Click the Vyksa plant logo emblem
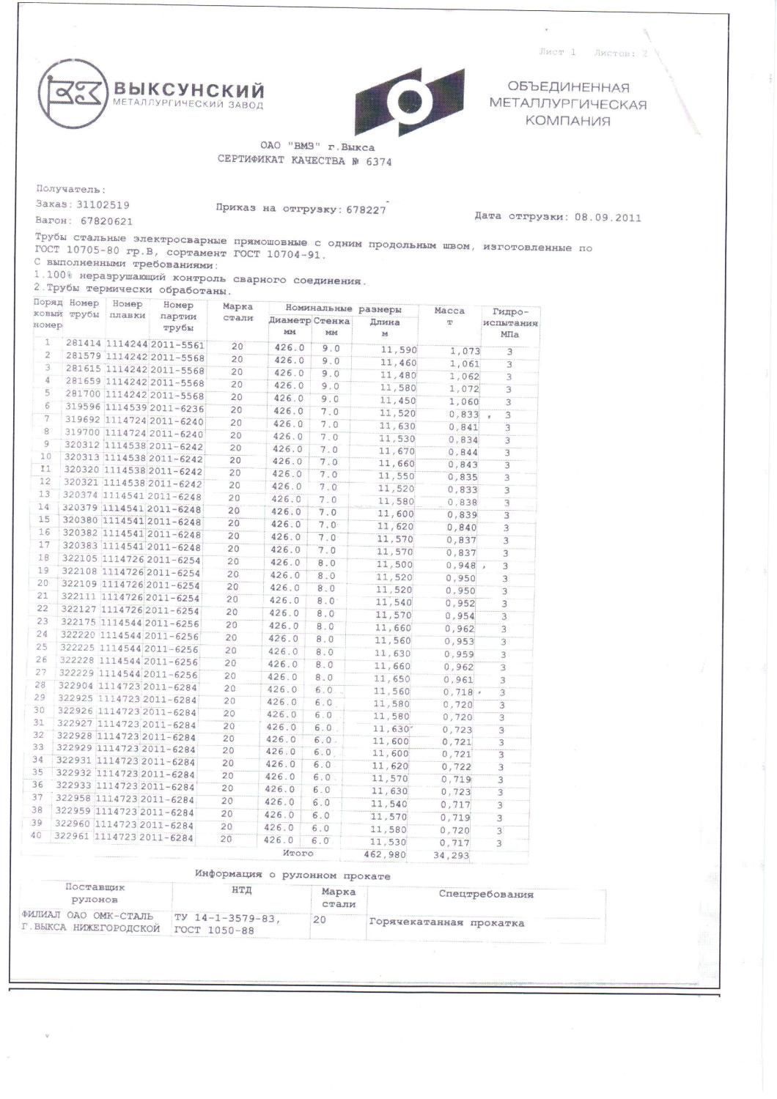(x=70, y=92)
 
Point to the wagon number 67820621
(x=107, y=221)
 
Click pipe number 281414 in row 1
(x=84, y=343)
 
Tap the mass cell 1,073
(x=464, y=351)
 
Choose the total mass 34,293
(x=451, y=856)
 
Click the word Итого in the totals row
(x=298, y=854)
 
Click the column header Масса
(x=449, y=311)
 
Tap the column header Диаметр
(x=289, y=321)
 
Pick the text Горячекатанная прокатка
(x=446, y=922)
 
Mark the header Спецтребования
(x=486, y=894)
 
